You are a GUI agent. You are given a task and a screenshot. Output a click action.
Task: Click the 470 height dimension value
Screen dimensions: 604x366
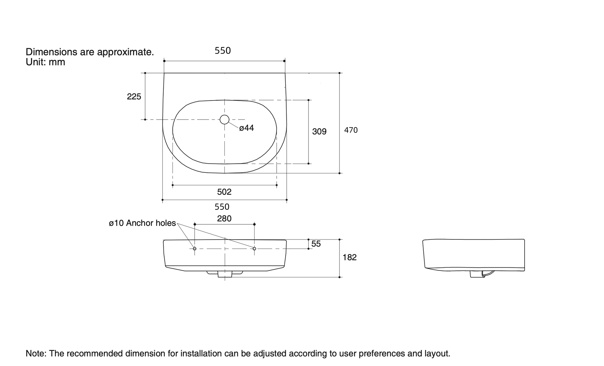pos(351,130)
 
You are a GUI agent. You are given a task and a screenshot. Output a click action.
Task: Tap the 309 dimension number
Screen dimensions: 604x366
pos(319,132)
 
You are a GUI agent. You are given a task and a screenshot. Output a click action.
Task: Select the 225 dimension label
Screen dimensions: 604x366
pos(134,97)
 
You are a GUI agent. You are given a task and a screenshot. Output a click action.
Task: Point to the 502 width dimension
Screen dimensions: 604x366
pos(224,192)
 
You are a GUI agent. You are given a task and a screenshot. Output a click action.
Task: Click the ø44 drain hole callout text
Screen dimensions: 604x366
pos(246,128)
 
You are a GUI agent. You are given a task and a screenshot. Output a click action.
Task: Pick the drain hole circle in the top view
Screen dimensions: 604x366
pos(224,120)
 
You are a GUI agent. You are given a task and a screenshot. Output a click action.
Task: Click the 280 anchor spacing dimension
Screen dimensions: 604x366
pos(224,218)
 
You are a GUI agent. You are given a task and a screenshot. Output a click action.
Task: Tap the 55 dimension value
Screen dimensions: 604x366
pos(316,244)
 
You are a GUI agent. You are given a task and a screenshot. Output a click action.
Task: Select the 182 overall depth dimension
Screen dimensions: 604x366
pos(349,257)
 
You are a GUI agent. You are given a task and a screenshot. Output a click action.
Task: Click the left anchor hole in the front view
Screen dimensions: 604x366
pos(195,249)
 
